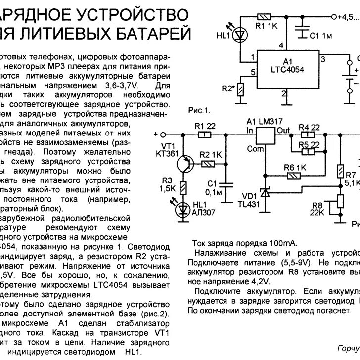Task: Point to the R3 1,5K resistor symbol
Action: click(x=184, y=187)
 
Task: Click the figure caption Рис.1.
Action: click(x=199, y=110)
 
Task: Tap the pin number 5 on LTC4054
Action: click(x=254, y=72)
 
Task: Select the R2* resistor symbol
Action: click(x=241, y=90)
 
